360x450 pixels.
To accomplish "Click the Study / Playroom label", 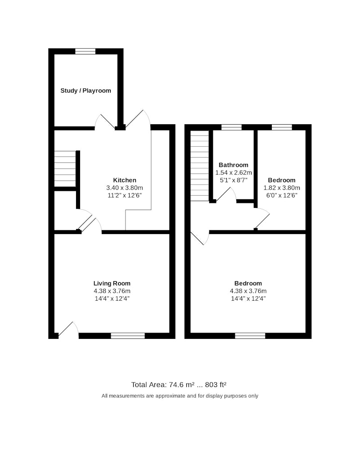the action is [85, 91].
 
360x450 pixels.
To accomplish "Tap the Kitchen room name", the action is [125, 180].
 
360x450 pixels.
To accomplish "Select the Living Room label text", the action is [112, 283].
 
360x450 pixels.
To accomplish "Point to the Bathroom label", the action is [234, 165].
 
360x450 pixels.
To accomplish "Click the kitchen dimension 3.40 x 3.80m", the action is [125, 188].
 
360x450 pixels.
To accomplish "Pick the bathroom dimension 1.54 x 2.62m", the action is [234, 173].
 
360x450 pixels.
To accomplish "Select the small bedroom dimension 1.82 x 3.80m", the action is [282, 188].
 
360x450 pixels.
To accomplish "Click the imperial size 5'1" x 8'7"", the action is [234, 180].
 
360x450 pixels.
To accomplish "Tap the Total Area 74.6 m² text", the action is [163, 385].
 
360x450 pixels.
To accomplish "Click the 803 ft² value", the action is [216, 385].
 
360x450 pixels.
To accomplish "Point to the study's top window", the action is [85, 51].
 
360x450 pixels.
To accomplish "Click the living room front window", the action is [128, 336].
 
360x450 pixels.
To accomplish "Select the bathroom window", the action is [231, 127].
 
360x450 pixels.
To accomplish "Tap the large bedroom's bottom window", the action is [250, 336].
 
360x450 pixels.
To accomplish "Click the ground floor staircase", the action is [65, 169].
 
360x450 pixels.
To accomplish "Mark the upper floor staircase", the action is [199, 166].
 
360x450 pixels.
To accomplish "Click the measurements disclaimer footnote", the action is [180, 396].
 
